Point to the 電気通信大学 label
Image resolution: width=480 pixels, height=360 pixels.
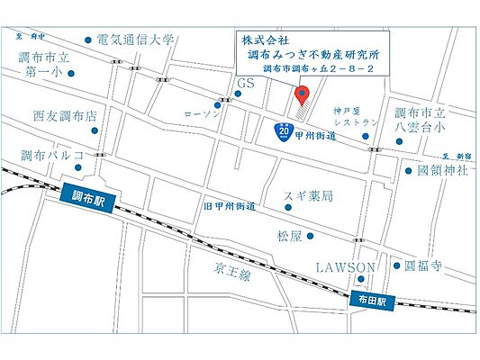pos(136,40)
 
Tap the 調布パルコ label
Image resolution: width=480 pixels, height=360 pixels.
pos(51,156)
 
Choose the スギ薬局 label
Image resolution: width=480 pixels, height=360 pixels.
pos(309,195)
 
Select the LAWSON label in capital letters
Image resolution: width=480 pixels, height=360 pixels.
pos(345,267)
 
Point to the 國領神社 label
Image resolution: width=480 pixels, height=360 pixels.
pos(442,169)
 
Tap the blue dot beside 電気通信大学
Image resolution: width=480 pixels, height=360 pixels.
pos(87,40)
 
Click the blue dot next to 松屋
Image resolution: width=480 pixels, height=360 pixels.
pos(311,236)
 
